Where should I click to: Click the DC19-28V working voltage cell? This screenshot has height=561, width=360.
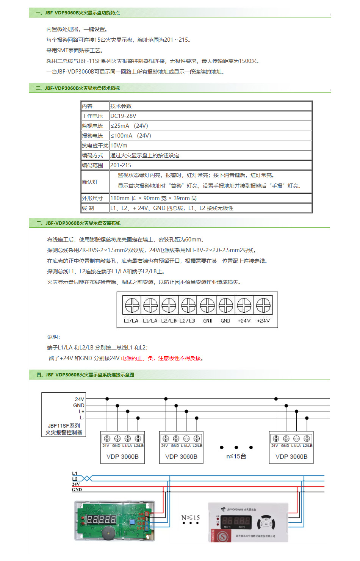click(x=123, y=116)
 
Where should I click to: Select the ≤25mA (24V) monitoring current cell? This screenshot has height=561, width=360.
click(x=129, y=126)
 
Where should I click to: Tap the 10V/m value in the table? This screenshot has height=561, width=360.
click(x=119, y=146)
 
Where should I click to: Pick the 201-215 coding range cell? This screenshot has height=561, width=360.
click(x=121, y=165)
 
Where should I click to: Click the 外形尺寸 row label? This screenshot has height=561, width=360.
click(x=92, y=198)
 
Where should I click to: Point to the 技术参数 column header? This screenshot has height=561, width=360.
click(x=121, y=106)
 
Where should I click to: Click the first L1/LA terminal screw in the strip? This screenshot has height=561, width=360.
click(x=132, y=305)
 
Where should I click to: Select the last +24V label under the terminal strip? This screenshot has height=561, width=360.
click(x=263, y=321)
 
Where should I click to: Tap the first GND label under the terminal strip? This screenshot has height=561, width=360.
click(x=208, y=321)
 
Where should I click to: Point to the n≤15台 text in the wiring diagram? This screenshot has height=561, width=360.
click(x=236, y=456)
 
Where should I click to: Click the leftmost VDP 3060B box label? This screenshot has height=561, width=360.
click(x=122, y=457)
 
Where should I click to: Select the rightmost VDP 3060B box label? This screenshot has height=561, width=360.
click(x=291, y=457)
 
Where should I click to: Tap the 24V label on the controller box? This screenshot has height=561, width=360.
click(x=80, y=399)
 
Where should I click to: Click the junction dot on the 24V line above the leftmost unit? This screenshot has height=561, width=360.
click(x=107, y=399)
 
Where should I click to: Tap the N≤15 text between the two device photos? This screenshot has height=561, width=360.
click(x=190, y=518)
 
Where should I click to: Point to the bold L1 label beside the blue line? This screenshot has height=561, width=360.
click(x=75, y=473)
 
